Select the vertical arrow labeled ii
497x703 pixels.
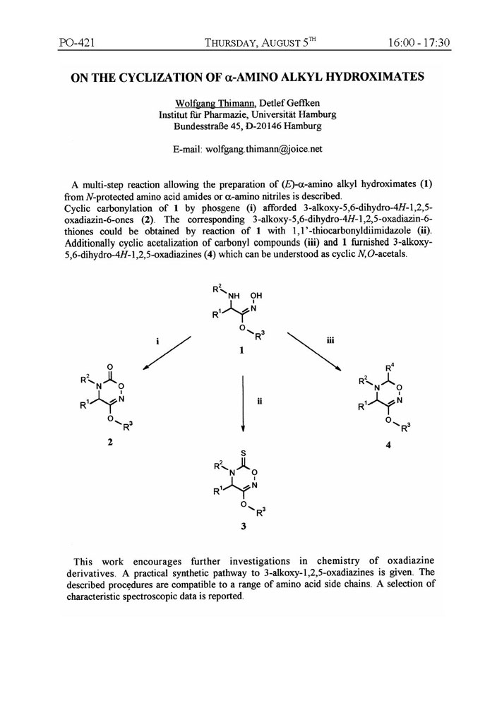(x=243, y=402)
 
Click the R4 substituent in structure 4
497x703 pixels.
(x=390, y=366)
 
